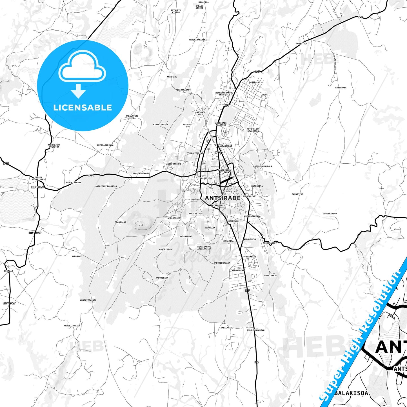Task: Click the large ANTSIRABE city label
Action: [223, 198]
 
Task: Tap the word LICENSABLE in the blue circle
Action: [83, 107]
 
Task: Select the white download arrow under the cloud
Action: [78, 91]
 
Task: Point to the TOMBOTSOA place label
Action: [301, 44]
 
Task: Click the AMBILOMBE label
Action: [341, 88]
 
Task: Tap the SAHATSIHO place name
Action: [297, 194]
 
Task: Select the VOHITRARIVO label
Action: [330, 214]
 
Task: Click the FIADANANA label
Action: [120, 222]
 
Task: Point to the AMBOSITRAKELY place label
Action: [72, 326]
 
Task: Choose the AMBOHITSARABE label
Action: [88, 300]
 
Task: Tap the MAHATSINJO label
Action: [271, 275]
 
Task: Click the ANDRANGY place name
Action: [77, 257]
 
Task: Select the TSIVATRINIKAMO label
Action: [140, 174]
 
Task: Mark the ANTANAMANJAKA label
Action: [105, 145]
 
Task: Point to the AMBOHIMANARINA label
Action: [198, 40]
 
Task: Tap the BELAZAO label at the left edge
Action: [8, 271]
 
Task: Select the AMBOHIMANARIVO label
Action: [255, 330]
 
